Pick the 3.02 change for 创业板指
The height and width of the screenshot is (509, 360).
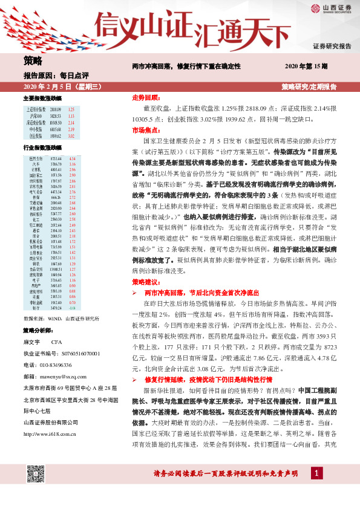(x=71, y=135)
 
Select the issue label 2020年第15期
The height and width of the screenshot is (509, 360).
(x=306, y=65)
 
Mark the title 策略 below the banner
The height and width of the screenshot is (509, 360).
(x=33, y=60)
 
